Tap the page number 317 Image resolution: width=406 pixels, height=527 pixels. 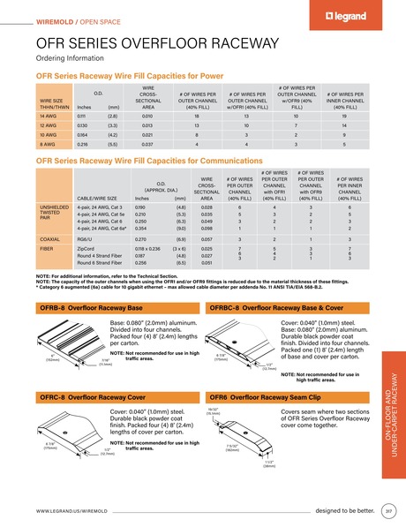pyautogui.click(x=388, y=510)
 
